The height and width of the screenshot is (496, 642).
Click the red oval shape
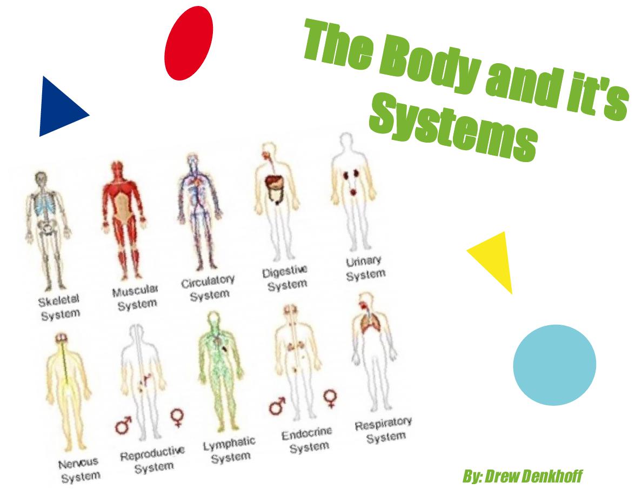[189, 43]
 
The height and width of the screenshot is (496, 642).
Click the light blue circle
[554, 365]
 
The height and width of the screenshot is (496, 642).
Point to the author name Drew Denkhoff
[523, 477]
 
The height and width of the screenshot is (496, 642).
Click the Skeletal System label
[59, 307]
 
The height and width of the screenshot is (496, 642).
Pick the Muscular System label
[136, 298]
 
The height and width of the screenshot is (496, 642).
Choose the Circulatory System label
[209, 288]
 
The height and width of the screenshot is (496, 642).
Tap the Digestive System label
[286, 278]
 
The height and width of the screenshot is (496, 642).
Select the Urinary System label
[365, 268]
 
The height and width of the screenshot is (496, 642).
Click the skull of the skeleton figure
[41, 180]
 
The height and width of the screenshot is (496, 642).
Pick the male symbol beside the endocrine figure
[277, 406]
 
